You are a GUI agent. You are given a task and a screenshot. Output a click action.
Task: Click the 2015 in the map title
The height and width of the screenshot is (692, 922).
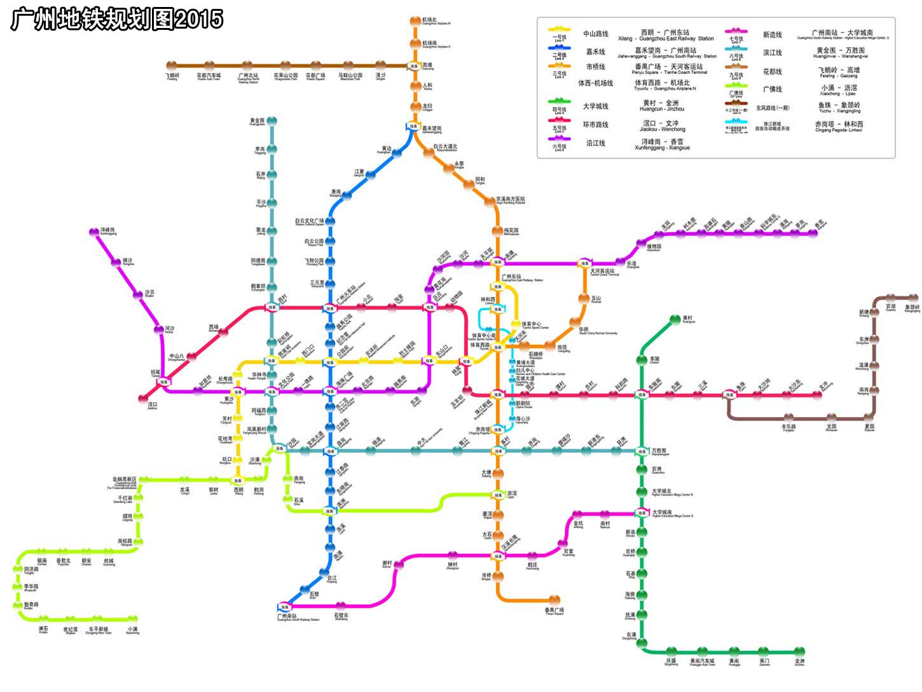pos(198,20)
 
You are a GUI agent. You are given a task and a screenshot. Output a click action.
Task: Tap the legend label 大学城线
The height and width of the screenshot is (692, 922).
pos(595,106)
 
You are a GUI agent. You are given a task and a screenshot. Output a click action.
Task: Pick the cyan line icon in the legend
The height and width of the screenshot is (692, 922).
pos(735,121)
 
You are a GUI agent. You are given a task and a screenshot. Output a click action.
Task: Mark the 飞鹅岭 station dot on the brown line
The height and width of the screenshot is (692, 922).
pos(172,66)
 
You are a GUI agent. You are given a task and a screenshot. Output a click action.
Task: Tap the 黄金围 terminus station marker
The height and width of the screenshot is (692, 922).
pos(272,121)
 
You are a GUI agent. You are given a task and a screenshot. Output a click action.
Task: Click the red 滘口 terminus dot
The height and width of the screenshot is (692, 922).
pos(143,399)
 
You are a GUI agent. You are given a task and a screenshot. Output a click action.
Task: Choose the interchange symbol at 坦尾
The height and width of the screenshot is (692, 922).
pos(165,382)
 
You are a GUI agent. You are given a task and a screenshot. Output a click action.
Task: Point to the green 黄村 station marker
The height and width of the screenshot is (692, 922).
pos(675,319)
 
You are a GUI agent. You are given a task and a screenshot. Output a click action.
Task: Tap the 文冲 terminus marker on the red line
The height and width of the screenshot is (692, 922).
pos(818,395)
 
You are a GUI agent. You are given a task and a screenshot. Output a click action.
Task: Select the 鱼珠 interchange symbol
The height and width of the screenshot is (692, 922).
pos(729,395)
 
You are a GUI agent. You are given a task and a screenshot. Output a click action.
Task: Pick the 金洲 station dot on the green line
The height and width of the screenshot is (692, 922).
pos(799,652)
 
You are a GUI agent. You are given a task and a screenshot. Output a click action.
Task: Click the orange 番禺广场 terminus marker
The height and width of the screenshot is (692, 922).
pos(554,600)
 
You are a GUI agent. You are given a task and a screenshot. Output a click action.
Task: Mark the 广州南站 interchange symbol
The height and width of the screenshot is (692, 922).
pos(284,607)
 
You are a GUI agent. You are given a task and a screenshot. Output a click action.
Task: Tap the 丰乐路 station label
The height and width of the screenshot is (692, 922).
pos(788,427)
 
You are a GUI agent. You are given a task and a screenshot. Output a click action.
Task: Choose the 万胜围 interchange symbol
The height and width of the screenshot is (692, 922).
pos(642,452)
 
